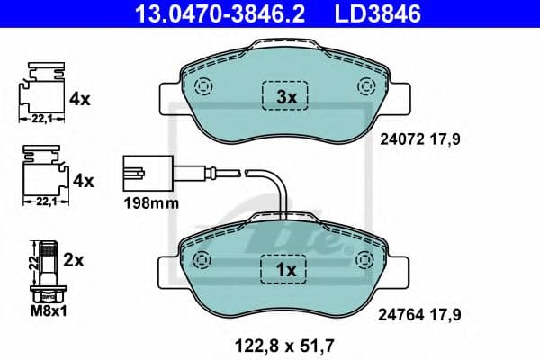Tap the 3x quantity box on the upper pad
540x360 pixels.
pyautogui.click(x=284, y=95)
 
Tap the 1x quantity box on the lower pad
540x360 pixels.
pyautogui.click(x=284, y=268)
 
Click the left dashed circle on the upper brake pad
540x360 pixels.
pyautogui.click(x=202, y=87)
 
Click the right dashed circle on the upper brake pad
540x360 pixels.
pyautogui.click(x=365, y=87)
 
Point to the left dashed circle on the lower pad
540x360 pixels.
pyautogui.click(x=202, y=258)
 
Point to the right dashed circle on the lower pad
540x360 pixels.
pyautogui.click(x=365, y=258)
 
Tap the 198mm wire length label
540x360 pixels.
pyautogui.click(x=150, y=203)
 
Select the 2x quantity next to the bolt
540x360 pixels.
pyautogui.click(x=74, y=261)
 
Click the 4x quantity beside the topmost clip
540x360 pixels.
pyautogui.click(x=82, y=100)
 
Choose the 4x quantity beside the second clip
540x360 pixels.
pyautogui.click(x=82, y=182)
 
